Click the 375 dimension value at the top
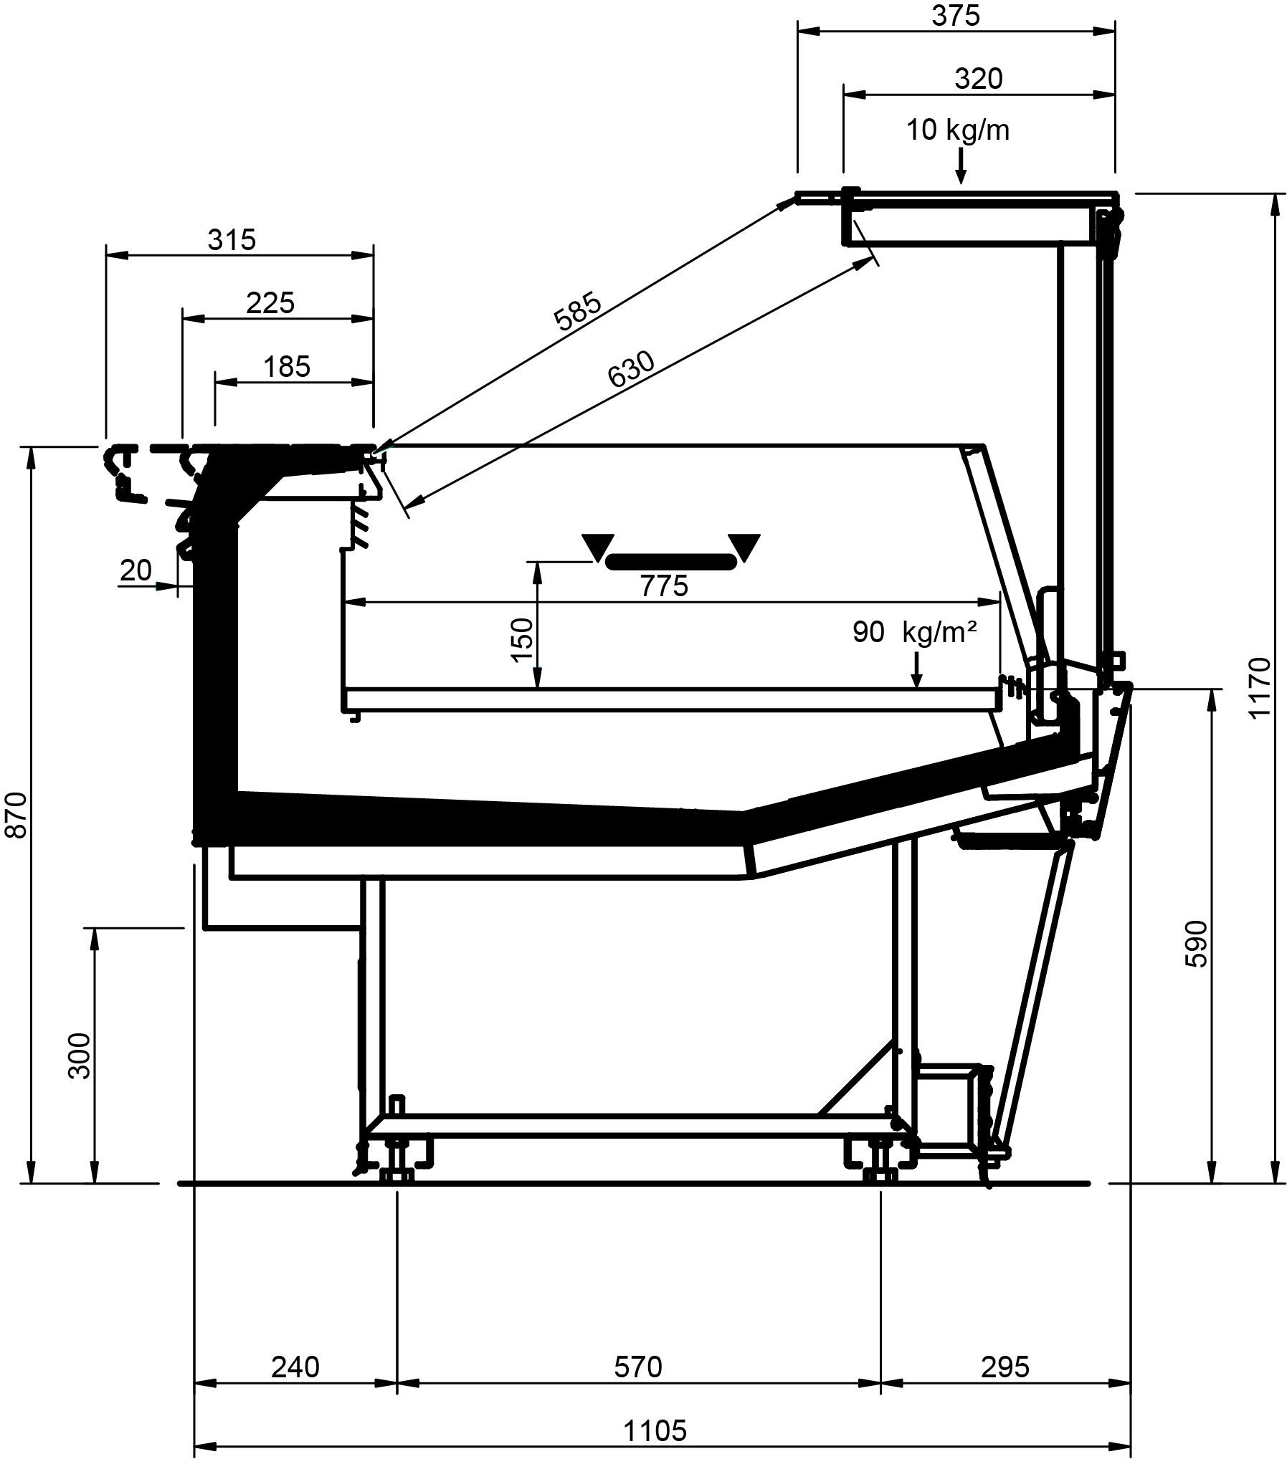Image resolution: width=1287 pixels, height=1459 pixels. pyautogui.click(x=956, y=16)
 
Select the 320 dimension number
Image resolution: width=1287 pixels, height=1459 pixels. pyautogui.click(x=978, y=79)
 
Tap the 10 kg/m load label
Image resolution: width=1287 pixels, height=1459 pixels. pyautogui.click(x=958, y=130)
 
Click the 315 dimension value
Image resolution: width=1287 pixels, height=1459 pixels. pyautogui.click(x=232, y=240)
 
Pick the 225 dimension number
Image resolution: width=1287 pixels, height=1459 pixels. pyautogui.click(x=270, y=303)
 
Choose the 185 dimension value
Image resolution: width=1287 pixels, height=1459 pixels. pyautogui.click(x=287, y=367)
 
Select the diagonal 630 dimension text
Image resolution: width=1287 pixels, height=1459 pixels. pyautogui.click(x=631, y=369)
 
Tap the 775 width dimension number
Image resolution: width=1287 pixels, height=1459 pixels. pyautogui.click(x=664, y=586)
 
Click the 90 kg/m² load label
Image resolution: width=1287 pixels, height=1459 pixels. pyautogui.click(x=914, y=632)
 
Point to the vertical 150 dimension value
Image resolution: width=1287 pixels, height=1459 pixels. pyautogui.click(x=522, y=640)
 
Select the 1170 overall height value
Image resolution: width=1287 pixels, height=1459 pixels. pyautogui.click(x=1259, y=687)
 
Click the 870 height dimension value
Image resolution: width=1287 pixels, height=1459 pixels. pyautogui.click(x=16, y=815)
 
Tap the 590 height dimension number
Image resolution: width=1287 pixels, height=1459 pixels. pyautogui.click(x=1196, y=944)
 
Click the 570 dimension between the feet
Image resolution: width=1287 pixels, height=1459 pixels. pyautogui.click(x=638, y=1367)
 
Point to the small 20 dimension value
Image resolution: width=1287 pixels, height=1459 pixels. pyautogui.click(x=136, y=570)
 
